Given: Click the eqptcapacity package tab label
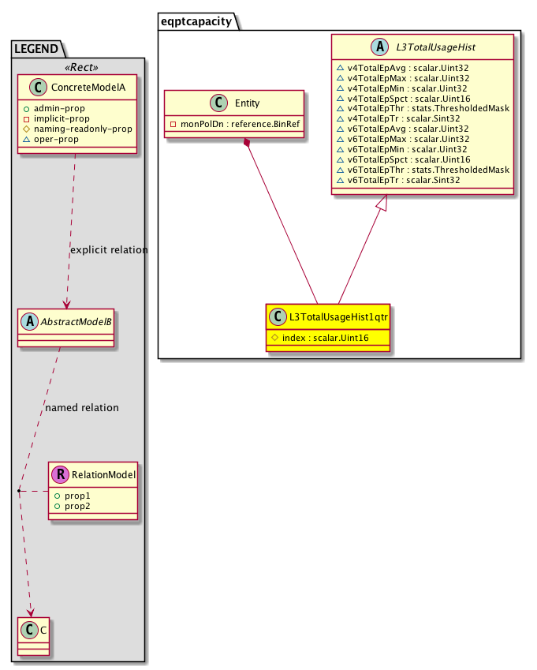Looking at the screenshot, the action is click(x=196, y=21).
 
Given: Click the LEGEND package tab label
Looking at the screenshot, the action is click(x=36, y=49).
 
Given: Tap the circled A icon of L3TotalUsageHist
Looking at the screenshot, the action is click(x=379, y=47).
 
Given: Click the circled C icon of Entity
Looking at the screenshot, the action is click(x=219, y=103).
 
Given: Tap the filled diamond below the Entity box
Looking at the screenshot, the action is click(x=247, y=143).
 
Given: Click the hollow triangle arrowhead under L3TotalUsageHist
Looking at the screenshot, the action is click(x=382, y=203).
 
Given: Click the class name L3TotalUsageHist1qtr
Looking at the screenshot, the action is click(x=338, y=317).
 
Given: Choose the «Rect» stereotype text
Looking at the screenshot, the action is click(x=81, y=68).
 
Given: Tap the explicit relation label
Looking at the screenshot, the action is click(x=109, y=250).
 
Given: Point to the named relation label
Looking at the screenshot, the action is click(x=82, y=408).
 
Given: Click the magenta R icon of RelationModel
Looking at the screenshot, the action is click(x=61, y=474).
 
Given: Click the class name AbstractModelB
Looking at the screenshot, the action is click(x=76, y=322).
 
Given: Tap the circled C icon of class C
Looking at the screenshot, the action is click(x=30, y=630).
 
